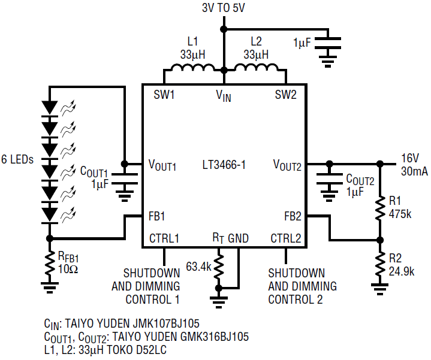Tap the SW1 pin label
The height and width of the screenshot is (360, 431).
tap(164, 95)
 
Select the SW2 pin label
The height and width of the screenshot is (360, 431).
tap(285, 95)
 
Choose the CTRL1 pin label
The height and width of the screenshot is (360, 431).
tap(164, 238)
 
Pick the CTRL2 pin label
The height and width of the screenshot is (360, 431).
tap(285, 238)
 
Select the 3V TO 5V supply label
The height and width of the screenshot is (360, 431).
tap(223, 8)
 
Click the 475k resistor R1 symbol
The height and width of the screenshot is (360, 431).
tap(379, 208)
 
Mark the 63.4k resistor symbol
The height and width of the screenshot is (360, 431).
tap(220, 265)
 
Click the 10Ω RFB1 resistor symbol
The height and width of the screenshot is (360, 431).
tap(49, 262)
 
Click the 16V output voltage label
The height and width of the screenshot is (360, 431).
tap(409, 158)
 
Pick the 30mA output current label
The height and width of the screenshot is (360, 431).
tap(414, 171)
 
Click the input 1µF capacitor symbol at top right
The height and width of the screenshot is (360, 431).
tap(327, 43)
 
